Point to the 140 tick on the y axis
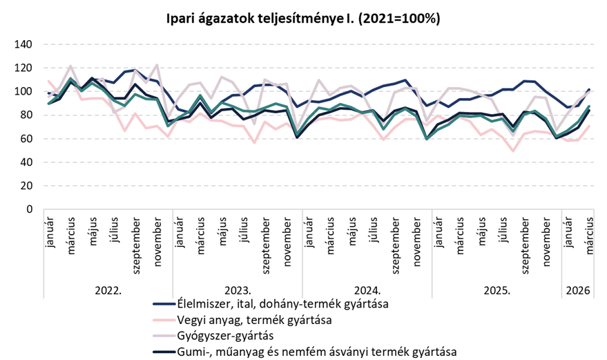point(23,44)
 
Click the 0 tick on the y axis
point(30,209)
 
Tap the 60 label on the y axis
point(26,139)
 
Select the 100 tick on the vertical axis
point(23,91)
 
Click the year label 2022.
point(108,291)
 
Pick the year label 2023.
point(238,291)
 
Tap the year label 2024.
point(367,291)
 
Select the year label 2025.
point(497,291)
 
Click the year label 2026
point(577,291)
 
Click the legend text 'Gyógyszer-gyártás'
point(225,336)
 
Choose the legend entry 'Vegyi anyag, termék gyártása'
point(254,320)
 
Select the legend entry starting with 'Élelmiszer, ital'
point(282,304)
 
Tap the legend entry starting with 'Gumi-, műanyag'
point(317,352)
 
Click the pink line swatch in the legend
point(164,320)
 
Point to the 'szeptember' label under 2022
point(137,245)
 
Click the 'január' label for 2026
point(568,232)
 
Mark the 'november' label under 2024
point(416,241)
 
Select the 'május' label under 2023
point(223,231)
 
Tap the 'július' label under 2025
point(503,229)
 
